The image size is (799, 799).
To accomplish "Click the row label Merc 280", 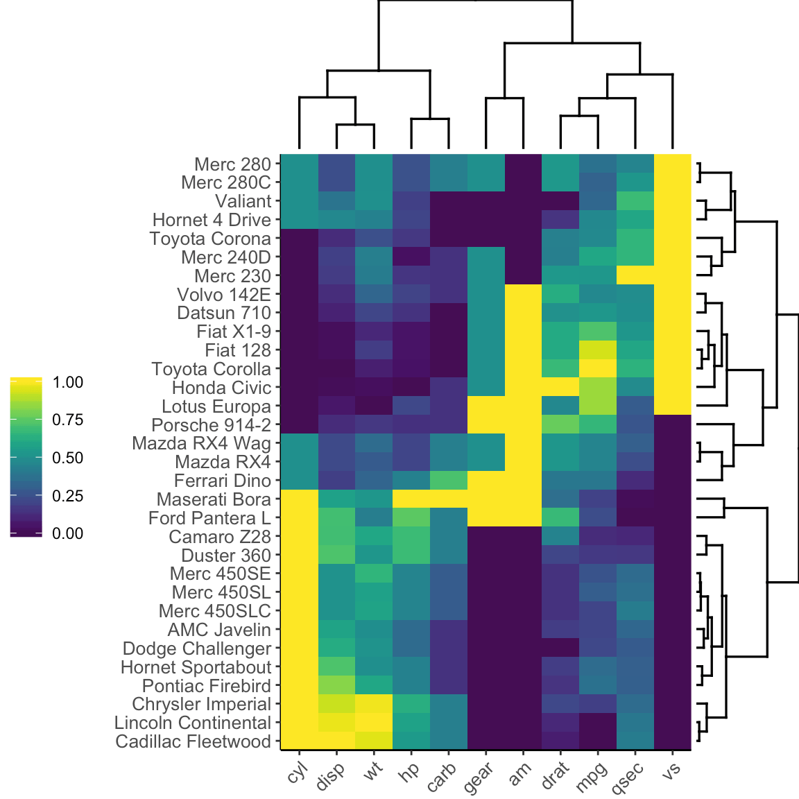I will click(x=232, y=164).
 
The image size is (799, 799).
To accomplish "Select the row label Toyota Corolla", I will click(x=211, y=369).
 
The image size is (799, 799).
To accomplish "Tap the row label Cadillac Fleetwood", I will click(x=193, y=741).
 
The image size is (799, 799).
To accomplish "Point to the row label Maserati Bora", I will click(x=214, y=499).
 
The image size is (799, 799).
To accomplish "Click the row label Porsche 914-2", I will click(x=211, y=425).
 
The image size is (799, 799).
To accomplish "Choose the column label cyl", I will click(x=297, y=771).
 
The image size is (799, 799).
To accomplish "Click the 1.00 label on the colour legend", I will click(x=68, y=382).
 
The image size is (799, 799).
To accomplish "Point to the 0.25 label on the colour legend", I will click(x=68, y=496).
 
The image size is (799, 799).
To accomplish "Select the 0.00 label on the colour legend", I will click(x=68, y=533).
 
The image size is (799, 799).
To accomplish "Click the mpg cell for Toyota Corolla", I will click(x=597, y=369).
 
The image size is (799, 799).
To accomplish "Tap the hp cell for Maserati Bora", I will click(x=411, y=499).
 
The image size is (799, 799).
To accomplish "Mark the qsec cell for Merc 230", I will click(x=635, y=275).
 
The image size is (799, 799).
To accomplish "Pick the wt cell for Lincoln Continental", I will click(x=373, y=723).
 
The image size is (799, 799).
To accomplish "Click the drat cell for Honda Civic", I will click(x=560, y=388).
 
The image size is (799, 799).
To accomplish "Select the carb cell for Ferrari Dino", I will click(x=448, y=481).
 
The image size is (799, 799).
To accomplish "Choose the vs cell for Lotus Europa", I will click(x=672, y=406).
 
